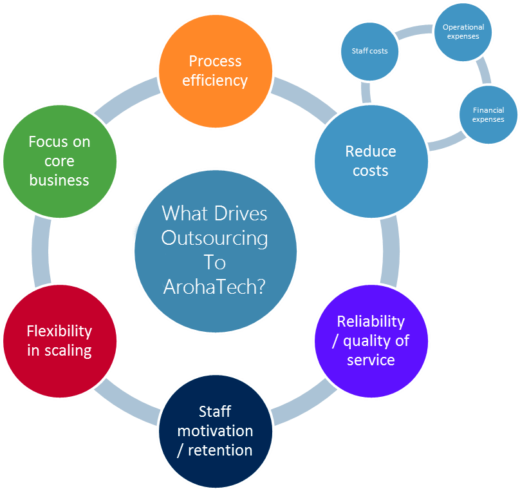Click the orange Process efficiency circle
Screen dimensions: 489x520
(x=215, y=71)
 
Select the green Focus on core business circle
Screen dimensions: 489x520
(x=60, y=161)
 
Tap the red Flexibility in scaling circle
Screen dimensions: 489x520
(x=60, y=341)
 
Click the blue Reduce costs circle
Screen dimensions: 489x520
(x=371, y=161)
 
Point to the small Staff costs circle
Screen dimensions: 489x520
(x=369, y=51)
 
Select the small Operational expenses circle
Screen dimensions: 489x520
(x=463, y=32)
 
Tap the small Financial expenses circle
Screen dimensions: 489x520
(x=488, y=115)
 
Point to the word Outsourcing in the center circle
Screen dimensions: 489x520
(x=214, y=238)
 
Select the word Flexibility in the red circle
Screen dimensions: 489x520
(x=59, y=331)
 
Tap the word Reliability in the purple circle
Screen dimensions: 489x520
(x=371, y=321)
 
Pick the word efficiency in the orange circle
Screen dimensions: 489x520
(x=215, y=81)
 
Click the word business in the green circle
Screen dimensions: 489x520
(x=59, y=180)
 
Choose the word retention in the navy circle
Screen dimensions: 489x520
(x=220, y=450)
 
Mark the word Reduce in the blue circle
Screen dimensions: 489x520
(x=371, y=151)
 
